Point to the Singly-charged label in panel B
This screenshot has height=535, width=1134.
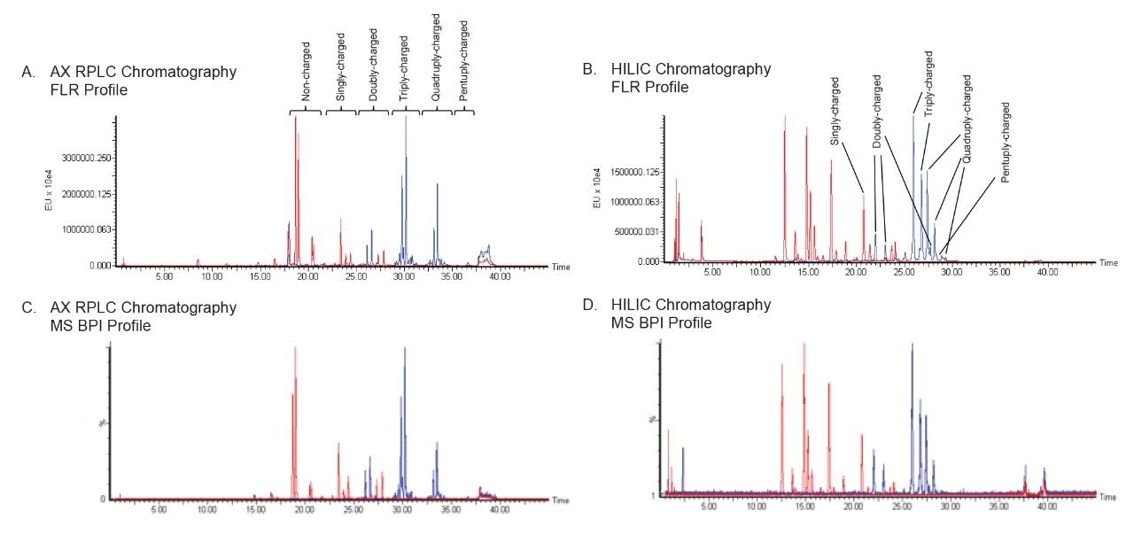click(x=835, y=111)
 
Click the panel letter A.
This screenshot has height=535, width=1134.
click(x=27, y=72)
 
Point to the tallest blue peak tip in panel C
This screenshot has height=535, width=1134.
click(x=405, y=347)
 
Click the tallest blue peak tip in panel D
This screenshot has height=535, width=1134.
click(x=912, y=345)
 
